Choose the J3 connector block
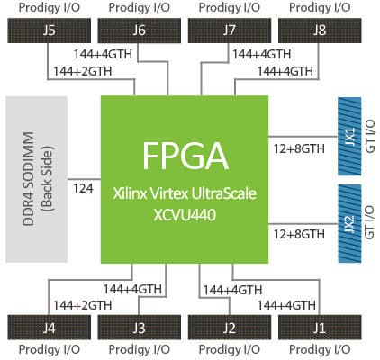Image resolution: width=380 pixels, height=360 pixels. pyautogui.click(x=139, y=328)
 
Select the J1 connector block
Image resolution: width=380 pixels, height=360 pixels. pyautogui.click(x=320, y=328)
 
